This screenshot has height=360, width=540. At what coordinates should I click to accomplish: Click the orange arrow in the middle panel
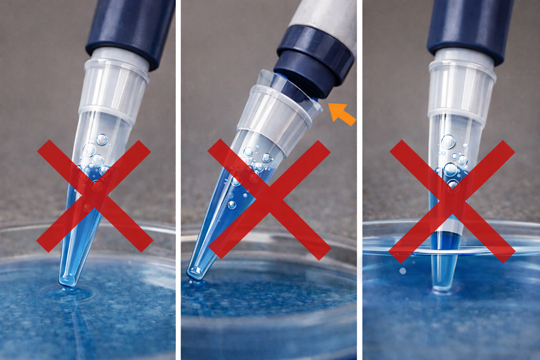point(342,113)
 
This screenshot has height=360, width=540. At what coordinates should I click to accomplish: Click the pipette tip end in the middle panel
point(195,273)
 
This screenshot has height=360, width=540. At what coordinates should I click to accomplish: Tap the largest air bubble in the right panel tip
point(448,141)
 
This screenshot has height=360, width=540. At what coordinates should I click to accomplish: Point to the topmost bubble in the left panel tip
point(102,139)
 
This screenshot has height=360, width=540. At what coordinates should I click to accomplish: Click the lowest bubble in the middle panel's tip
point(231,204)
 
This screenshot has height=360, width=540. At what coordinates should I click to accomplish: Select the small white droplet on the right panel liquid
point(403,271)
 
